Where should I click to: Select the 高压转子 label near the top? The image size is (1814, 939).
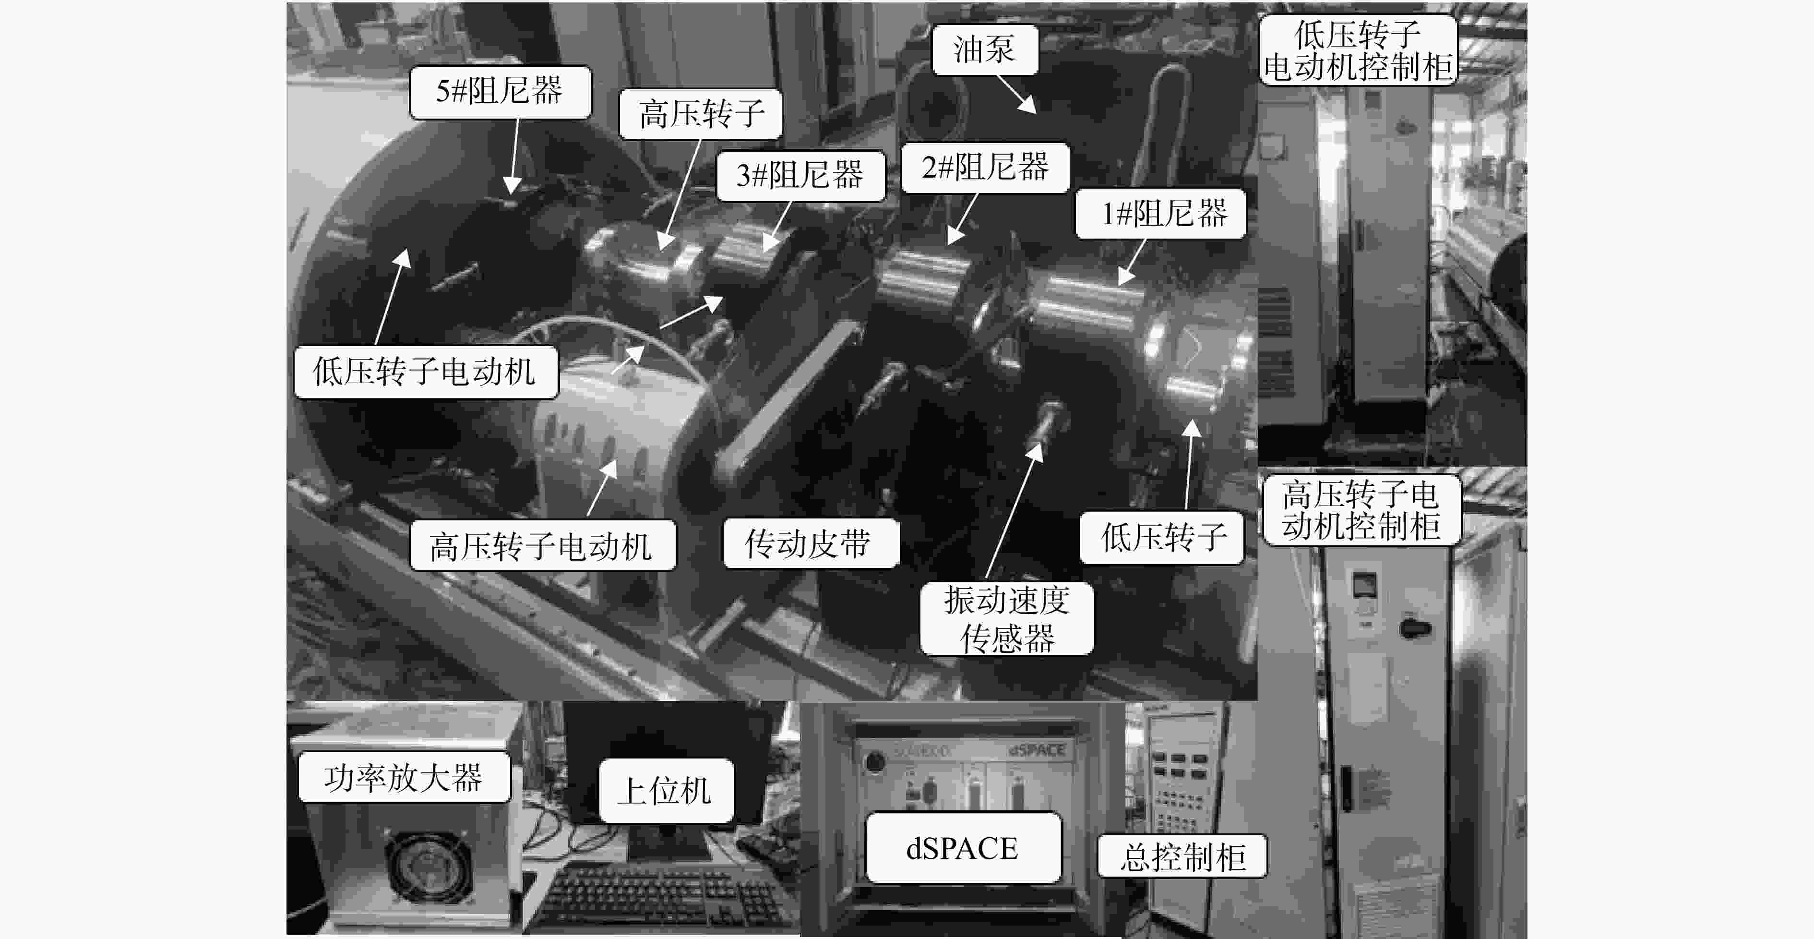701,114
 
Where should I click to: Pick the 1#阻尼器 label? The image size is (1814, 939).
1160,214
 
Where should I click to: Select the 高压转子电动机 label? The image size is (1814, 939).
542,546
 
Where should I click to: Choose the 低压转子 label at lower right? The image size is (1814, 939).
1162,538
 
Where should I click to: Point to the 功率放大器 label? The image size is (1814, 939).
404,777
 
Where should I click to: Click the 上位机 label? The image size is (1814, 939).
666,790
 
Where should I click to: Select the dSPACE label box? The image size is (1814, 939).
963,847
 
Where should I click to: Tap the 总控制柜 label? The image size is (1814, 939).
1182,856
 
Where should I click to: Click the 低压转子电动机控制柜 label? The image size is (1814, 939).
1358,51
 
